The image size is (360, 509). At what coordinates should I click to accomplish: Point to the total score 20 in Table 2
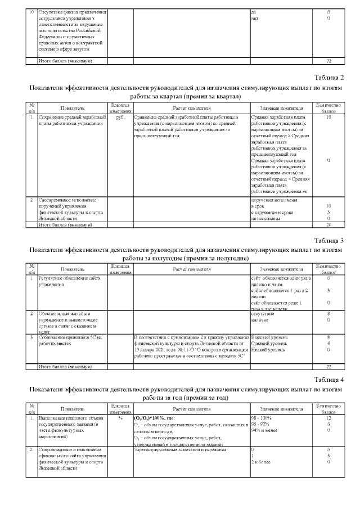(x=328, y=225)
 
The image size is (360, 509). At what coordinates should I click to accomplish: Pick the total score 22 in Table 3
(x=328, y=366)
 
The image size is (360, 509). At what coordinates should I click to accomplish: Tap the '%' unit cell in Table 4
(x=119, y=418)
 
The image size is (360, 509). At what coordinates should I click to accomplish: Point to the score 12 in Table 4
(x=328, y=418)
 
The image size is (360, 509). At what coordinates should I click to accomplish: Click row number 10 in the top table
(x=31, y=12)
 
